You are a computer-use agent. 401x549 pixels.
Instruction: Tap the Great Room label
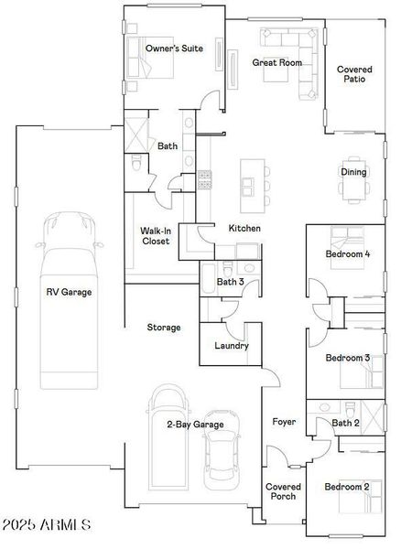click(x=276, y=62)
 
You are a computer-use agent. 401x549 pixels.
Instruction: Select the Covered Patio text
click(x=353, y=74)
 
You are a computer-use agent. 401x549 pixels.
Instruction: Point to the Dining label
click(x=353, y=172)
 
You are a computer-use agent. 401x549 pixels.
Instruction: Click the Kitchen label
click(x=244, y=228)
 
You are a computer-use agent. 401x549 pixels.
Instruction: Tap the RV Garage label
click(x=70, y=292)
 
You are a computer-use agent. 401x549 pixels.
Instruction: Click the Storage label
click(x=164, y=327)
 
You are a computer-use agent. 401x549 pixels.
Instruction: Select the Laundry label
click(x=231, y=346)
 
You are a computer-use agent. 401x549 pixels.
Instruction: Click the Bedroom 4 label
click(x=348, y=254)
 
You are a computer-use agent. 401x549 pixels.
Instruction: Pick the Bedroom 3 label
click(x=348, y=358)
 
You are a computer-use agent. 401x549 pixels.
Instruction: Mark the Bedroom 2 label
click(x=348, y=487)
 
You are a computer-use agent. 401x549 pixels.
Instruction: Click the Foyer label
click(x=283, y=422)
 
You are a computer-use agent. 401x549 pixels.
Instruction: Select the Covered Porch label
click(x=281, y=491)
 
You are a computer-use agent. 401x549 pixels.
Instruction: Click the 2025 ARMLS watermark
click(x=46, y=525)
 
